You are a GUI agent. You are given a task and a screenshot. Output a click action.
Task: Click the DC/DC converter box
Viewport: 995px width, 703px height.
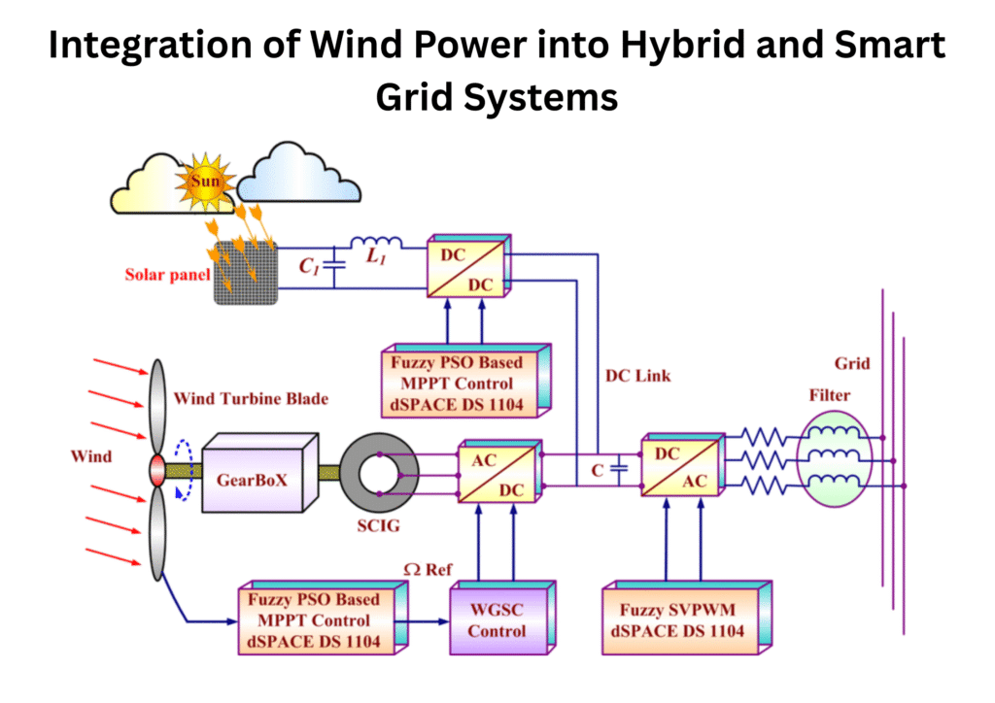[467, 266]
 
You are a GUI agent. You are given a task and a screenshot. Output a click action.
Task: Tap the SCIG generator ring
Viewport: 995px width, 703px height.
[386, 472]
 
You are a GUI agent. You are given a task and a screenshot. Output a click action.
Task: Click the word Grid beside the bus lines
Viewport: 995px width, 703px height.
[851, 365]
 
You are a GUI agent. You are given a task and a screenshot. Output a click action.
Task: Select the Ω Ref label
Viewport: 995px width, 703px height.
[428, 569]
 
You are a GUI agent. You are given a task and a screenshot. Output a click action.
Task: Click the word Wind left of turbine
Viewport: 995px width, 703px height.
[92, 455]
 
